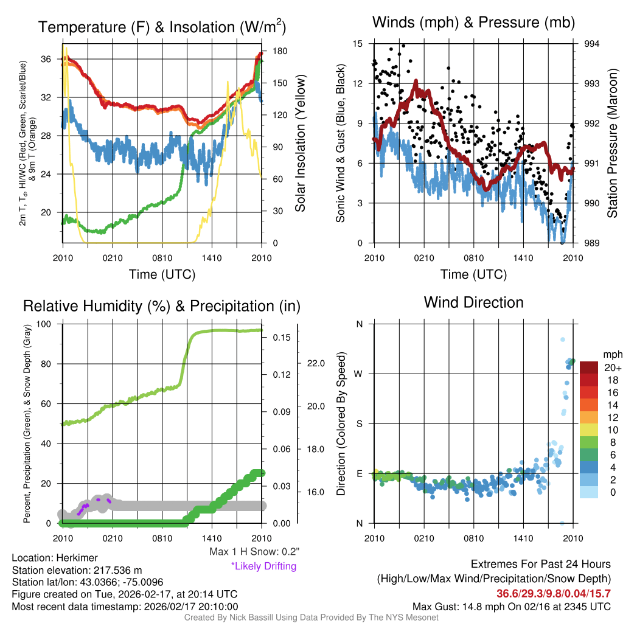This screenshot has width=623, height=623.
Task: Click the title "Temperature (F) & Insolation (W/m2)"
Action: click(162, 27)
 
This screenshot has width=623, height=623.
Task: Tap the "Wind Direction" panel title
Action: click(473, 302)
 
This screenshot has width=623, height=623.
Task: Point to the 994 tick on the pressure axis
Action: click(591, 44)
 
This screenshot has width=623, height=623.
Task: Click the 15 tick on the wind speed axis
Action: click(358, 44)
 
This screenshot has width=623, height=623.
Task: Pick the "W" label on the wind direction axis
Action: click(360, 374)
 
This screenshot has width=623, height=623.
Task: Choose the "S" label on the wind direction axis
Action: click(360, 423)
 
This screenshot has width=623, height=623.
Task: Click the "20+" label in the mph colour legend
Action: click(611, 368)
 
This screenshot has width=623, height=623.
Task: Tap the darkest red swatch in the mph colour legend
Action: click(589, 367)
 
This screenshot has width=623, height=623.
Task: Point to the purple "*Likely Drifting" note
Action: click(263, 566)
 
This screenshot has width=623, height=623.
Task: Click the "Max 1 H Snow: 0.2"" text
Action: click(254, 551)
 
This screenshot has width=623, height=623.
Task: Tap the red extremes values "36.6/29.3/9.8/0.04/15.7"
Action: click(554, 593)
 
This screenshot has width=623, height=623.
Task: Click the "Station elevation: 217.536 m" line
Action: click(77, 569)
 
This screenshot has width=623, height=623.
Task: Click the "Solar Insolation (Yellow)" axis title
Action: click(300, 143)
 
